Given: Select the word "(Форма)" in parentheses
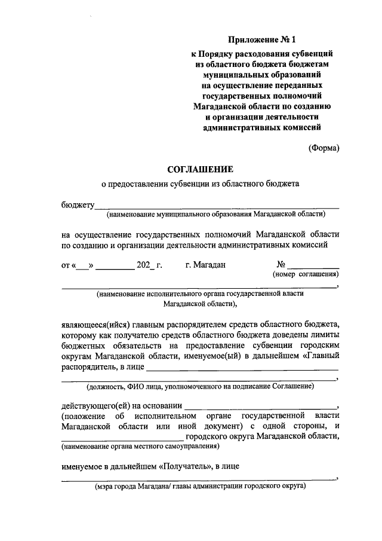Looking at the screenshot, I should [x=324, y=148].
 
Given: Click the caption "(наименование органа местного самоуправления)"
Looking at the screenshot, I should [x=139, y=446].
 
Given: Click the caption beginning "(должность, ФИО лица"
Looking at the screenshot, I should [x=200, y=387].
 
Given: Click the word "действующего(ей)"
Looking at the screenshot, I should [x=93, y=405].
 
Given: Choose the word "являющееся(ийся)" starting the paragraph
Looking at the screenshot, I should [x=94, y=323].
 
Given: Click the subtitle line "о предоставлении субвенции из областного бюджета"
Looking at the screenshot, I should [x=200, y=185].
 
